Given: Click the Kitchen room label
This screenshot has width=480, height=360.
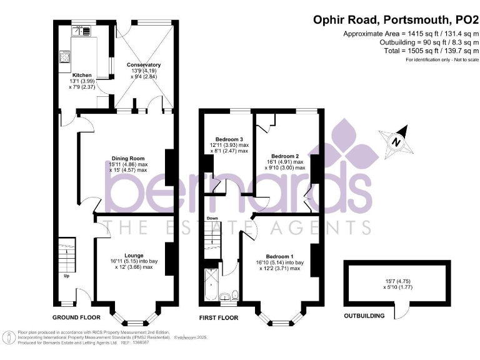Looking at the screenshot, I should (x=81, y=75).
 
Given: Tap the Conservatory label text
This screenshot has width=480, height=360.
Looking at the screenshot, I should (x=144, y=64).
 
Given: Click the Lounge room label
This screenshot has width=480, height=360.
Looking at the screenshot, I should (x=134, y=255).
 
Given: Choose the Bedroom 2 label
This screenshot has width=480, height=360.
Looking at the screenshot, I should (x=284, y=156).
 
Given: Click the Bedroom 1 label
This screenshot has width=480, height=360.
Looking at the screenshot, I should (x=279, y=256).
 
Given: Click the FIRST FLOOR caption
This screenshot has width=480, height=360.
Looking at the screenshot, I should (x=219, y=317).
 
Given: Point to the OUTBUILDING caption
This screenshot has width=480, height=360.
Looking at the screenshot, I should (x=364, y=316).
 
